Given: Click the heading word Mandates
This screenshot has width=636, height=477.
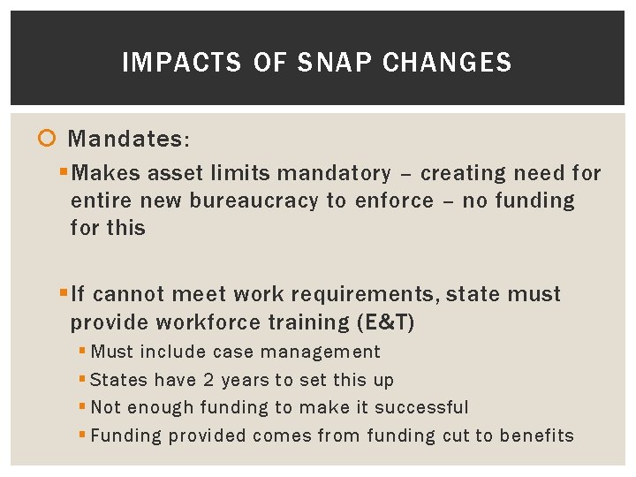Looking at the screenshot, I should (x=128, y=140).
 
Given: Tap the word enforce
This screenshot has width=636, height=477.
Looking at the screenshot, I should (x=394, y=201).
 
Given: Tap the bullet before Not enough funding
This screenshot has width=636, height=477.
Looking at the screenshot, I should (x=83, y=408).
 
